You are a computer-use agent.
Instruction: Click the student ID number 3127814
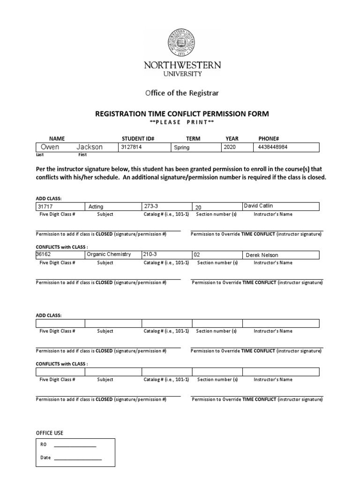pos(132,147)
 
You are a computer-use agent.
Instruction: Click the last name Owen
pos(51,147)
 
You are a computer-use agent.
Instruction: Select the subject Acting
pos(96,207)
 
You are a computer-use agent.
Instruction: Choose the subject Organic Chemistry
pos(109,255)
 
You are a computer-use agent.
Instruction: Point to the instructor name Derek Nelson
pos(262,255)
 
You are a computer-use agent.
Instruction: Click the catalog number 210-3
pos(152,255)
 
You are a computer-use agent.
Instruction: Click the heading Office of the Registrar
pos(182,93)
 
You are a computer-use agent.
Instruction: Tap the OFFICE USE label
pos(50,433)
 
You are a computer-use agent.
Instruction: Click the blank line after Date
pos(78,458)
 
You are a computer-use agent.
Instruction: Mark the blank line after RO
pos(75,446)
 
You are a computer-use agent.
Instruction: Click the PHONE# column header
pos(269,139)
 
